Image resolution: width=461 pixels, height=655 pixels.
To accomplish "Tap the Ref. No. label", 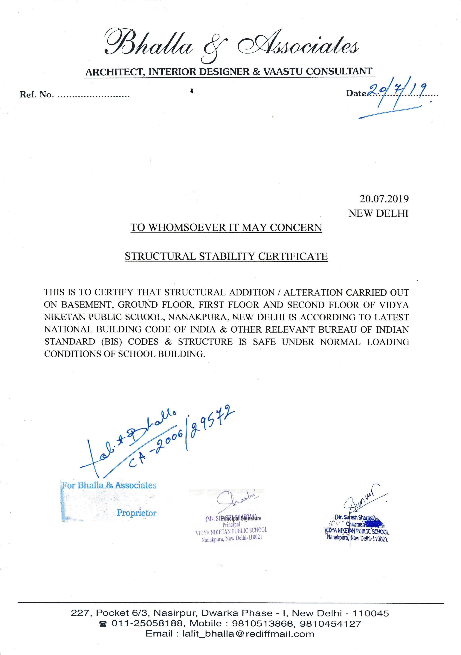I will coord(36,95).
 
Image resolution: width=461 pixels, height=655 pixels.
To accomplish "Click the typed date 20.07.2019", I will coord(384,199).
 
